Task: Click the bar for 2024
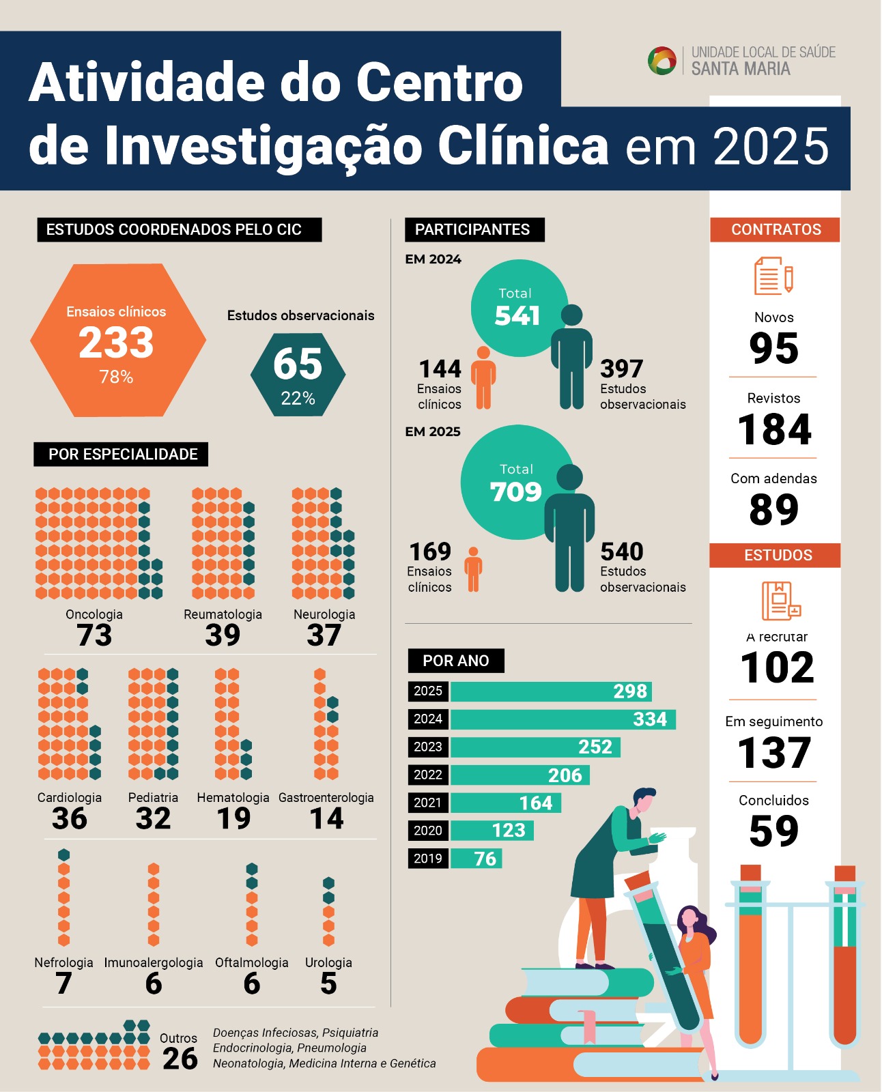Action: [x=563, y=719]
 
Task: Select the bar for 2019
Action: [x=476, y=859]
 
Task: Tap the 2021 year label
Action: [x=428, y=803]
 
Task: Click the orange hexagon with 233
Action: [x=117, y=341]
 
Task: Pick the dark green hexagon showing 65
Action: [x=298, y=374]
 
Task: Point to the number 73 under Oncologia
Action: [x=94, y=635]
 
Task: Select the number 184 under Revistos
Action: [x=774, y=429]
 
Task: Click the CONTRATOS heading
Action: [x=776, y=229]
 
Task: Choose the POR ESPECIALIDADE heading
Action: [x=122, y=455]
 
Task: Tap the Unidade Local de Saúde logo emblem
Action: [x=661, y=61]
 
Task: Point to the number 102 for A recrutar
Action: [x=777, y=667]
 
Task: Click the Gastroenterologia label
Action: [x=326, y=797]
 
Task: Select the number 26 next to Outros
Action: [x=180, y=1059]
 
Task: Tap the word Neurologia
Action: [x=324, y=614]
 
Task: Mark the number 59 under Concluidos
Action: [x=773, y=831]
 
